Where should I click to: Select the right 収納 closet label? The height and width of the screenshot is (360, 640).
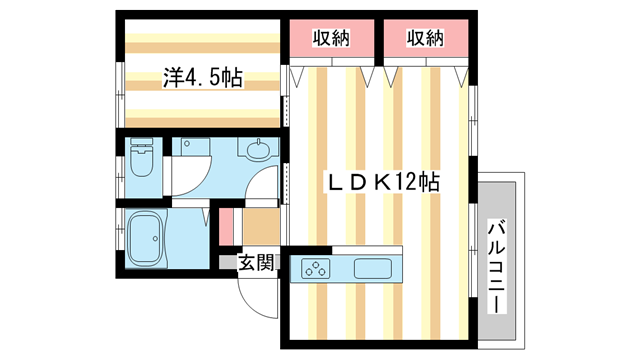pos(424,38)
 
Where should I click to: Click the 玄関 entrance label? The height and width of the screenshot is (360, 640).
pos(255,262)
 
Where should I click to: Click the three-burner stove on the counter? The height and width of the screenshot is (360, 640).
pos(317,268)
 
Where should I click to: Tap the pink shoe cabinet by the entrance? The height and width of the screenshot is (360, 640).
pos(226,225)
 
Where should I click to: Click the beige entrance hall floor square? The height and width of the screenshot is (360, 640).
pos(260,226)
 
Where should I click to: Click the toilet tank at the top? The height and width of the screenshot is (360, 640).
pos(141,146)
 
